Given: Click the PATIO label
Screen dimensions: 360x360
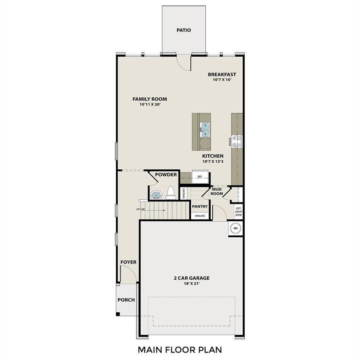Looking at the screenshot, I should coord(184,30).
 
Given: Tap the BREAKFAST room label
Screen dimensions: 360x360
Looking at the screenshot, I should coord(222,74).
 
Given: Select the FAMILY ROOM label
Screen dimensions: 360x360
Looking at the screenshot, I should coord(150,99).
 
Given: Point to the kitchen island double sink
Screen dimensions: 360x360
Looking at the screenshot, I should coord(205,129).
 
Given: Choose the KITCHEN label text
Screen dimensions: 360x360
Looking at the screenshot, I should coord(213,156).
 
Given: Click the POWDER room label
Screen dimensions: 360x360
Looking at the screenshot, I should coord(166,175).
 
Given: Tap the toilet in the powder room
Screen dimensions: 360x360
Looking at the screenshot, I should coord(171,192).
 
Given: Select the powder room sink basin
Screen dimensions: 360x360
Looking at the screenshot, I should coord(156,194).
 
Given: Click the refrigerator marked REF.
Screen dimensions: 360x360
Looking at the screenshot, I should coord(199,177).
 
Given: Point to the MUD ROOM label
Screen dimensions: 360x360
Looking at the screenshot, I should coord(217,191).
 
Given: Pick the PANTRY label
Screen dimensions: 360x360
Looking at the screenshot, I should coord(200,206).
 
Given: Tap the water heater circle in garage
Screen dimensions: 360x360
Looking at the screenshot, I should coord(236,228).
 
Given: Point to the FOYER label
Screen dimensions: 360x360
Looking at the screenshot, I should coord(128,262).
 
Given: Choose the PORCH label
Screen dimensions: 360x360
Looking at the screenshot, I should coord(126,300).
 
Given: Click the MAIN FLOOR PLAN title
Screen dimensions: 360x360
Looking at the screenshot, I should coord(180,349).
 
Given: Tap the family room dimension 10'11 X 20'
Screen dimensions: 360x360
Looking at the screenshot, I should coord(150,105).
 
